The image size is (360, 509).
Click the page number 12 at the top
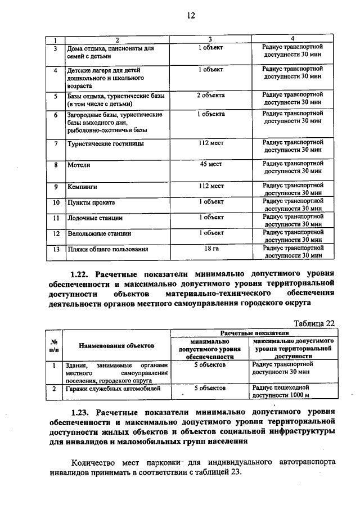pyautogui.click(x=191, y=16)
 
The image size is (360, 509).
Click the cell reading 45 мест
pyautogui.click(x=210, y=165)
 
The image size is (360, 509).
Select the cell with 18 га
pyautogui.click(x=210, y=248)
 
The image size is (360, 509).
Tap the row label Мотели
pyautogui.click(x=79, y=166)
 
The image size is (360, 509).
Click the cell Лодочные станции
pyautogui.click(x=94, y=218)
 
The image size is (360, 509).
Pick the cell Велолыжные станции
pyautogui.click(x=99, y=233)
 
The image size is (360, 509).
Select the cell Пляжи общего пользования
pyautogui.click(x=108, y=249)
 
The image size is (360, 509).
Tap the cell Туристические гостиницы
pyautogui.click(x=105, y=144)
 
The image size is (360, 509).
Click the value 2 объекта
pyautogui.click(x=210, y=95)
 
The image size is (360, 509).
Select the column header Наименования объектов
pyautogui.click(x=116, y=346)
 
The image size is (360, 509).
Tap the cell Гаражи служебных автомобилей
pyautogui.click(x=113, y=389)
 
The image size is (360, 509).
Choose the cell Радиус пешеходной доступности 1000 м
pyautogui.click(x=281, y=391)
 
